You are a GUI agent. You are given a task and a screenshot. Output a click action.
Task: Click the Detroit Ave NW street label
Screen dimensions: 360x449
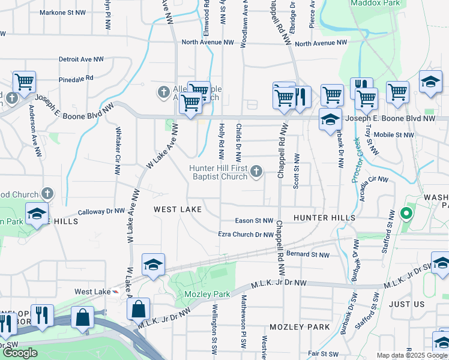[x=81, y=59]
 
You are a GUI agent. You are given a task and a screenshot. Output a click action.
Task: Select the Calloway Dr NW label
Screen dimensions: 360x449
[x=101, y=211]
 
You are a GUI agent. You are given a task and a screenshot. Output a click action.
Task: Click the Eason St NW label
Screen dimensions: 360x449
[x=254, y=221]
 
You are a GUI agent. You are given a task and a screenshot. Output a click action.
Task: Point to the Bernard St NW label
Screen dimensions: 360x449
[x=307, y=255]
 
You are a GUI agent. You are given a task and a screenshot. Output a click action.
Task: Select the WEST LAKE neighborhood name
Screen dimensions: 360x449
[x=177, y=209]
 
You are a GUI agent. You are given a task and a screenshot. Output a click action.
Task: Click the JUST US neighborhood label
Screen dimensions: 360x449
[x=407, y=304]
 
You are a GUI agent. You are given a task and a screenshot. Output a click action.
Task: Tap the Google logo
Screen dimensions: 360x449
[x=20, y=353]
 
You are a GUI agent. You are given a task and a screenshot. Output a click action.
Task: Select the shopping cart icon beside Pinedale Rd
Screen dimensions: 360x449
[x=25, y=82]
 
